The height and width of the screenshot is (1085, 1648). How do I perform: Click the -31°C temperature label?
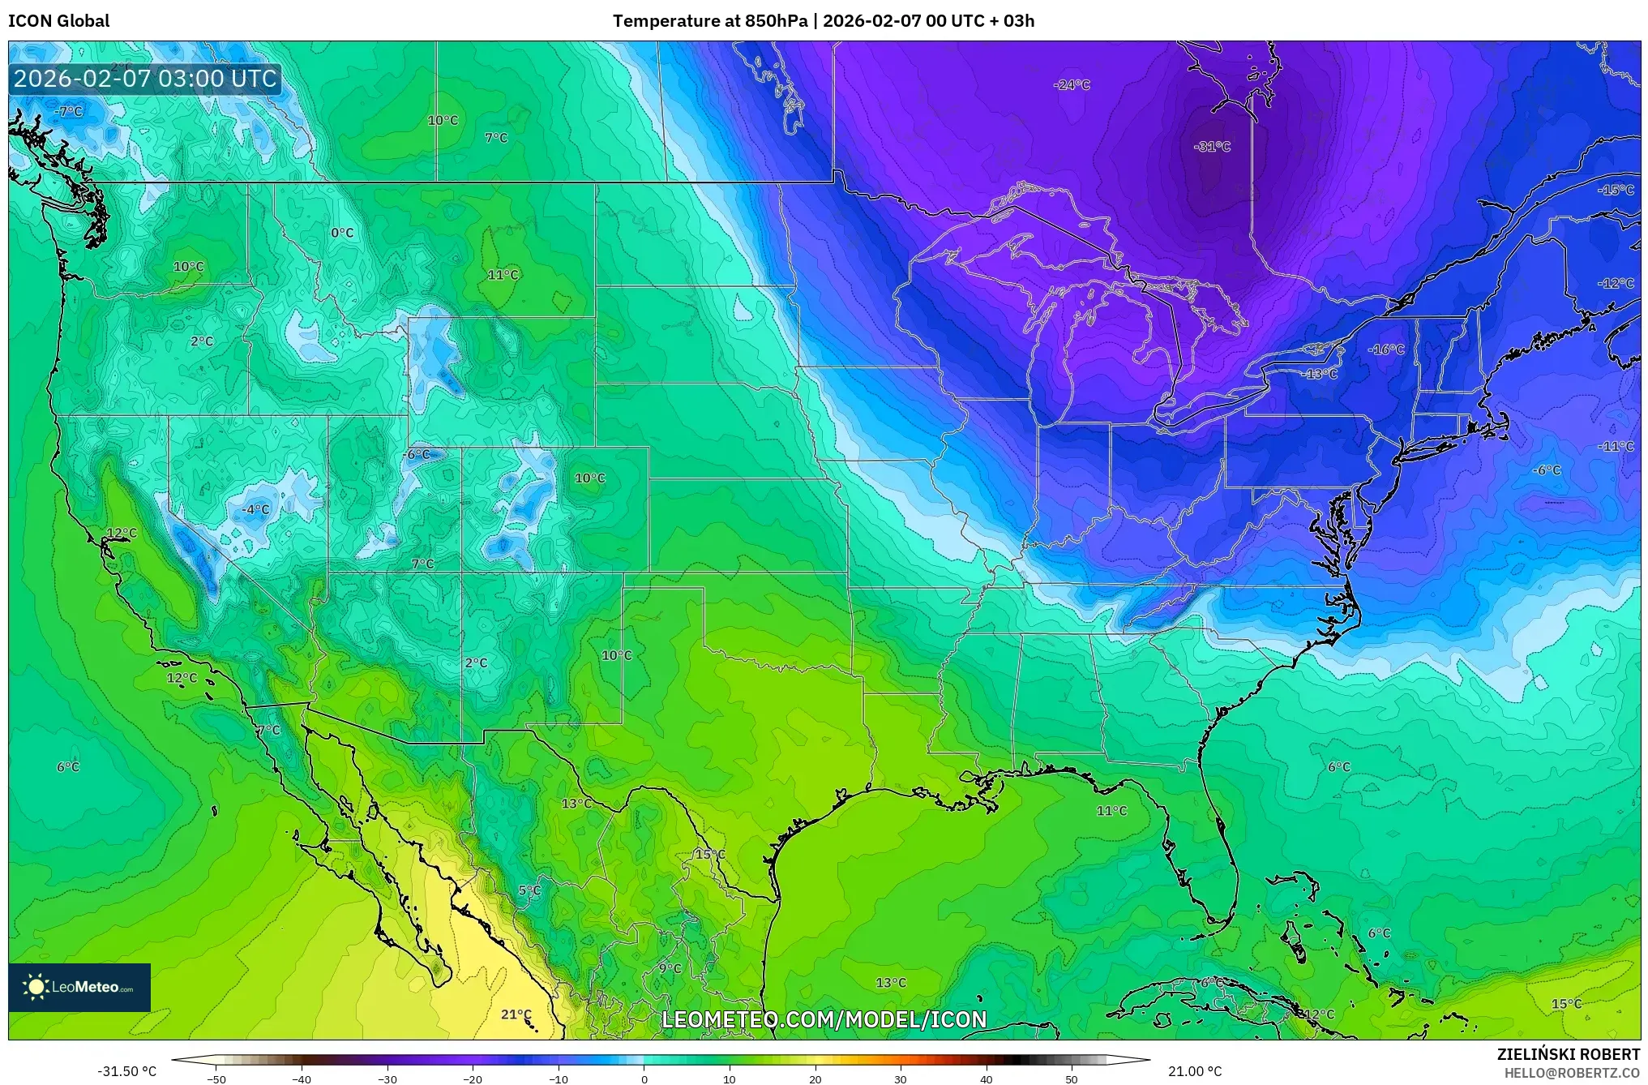(1212, 147)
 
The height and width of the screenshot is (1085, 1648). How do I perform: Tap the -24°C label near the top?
(1072, 85)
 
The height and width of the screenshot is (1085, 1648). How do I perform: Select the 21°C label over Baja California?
(516, 1014)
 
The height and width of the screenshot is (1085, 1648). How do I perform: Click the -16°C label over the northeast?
(1386, 350)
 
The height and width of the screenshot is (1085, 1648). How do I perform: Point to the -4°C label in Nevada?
(255, 509)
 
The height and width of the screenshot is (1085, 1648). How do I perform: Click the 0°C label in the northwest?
(342, 233)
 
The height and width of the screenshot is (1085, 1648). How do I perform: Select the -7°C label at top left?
(69, 112)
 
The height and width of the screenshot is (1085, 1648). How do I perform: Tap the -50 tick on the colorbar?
(216, 1079)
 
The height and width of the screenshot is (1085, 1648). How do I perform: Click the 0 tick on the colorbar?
(644, 1079)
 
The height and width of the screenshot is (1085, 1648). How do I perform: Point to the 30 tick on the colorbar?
(901, 1079)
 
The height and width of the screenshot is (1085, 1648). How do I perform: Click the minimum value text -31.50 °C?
(127, 1071)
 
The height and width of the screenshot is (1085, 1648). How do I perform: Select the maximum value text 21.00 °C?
(1195, 1071)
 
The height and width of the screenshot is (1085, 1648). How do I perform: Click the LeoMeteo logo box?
(79, 987)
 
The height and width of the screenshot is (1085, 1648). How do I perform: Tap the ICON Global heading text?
(59, 21)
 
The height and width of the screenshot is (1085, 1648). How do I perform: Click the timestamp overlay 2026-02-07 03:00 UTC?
(145, 79)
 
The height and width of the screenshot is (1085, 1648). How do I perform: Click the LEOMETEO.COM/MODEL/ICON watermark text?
(824, 1019)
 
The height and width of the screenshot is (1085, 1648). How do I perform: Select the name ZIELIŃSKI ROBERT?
(1568, 1054)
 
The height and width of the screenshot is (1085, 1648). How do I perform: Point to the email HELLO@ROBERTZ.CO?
(1572, 1073)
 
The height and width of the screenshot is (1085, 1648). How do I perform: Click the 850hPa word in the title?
(776, 21)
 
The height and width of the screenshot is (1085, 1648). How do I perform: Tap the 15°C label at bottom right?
(1566, 1004)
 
